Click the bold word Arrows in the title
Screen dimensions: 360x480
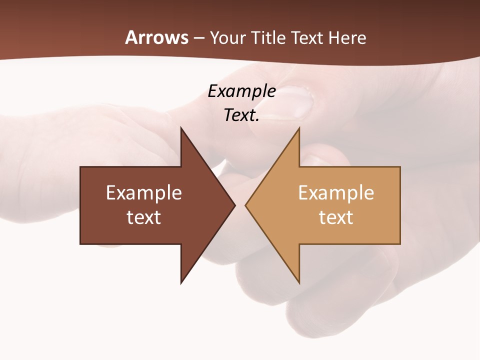click(156, 37)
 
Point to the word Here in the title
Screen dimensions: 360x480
click(347, 37)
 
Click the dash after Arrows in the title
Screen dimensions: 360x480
click(199, 38)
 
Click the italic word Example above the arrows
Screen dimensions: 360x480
click(241, 91)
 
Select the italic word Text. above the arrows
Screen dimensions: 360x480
click(241, 115)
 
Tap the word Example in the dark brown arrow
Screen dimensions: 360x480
click(144, 193)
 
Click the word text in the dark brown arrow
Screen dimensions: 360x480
click(144, 217)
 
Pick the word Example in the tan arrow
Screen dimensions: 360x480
click(336, 193)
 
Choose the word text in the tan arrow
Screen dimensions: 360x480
click(336, 217)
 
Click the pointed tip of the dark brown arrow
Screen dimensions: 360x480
click(233, 205)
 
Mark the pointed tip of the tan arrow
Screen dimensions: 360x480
click(247, 205)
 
